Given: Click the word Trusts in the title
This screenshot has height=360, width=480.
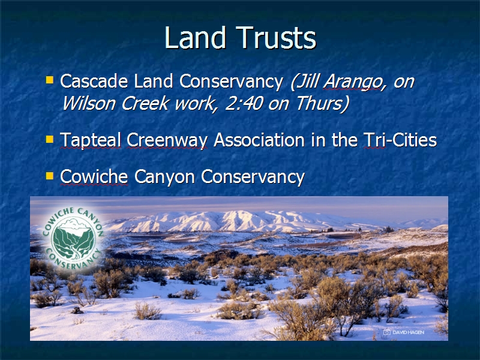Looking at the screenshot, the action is coord(276,37).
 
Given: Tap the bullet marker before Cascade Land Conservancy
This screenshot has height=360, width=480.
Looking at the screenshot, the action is coord(50,80).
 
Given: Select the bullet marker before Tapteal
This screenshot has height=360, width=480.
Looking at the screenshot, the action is coord(50,139).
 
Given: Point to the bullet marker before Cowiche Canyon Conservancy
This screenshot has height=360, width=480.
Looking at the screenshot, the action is coord(50,176).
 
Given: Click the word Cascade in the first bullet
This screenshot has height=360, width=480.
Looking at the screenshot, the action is coord(94,81).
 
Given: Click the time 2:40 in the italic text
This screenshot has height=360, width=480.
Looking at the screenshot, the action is coord(244,103).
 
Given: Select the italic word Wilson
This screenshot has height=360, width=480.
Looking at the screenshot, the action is coord(88,103).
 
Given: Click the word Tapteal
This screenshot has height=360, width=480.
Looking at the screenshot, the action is coord(91,140).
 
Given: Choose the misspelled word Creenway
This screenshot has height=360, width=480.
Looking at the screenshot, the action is coord(167,140).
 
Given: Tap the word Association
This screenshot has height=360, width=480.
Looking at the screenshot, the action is coord(259,140).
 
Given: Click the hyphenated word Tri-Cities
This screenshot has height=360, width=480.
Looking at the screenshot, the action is coord(400,140).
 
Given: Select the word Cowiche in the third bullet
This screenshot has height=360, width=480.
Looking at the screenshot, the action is coord(94,176).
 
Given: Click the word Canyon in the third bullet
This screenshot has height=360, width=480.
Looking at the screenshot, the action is coord(164,178).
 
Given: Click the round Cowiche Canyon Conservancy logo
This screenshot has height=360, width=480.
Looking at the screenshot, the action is coord(73,239).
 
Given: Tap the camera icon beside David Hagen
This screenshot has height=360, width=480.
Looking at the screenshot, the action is coord(387,332).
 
